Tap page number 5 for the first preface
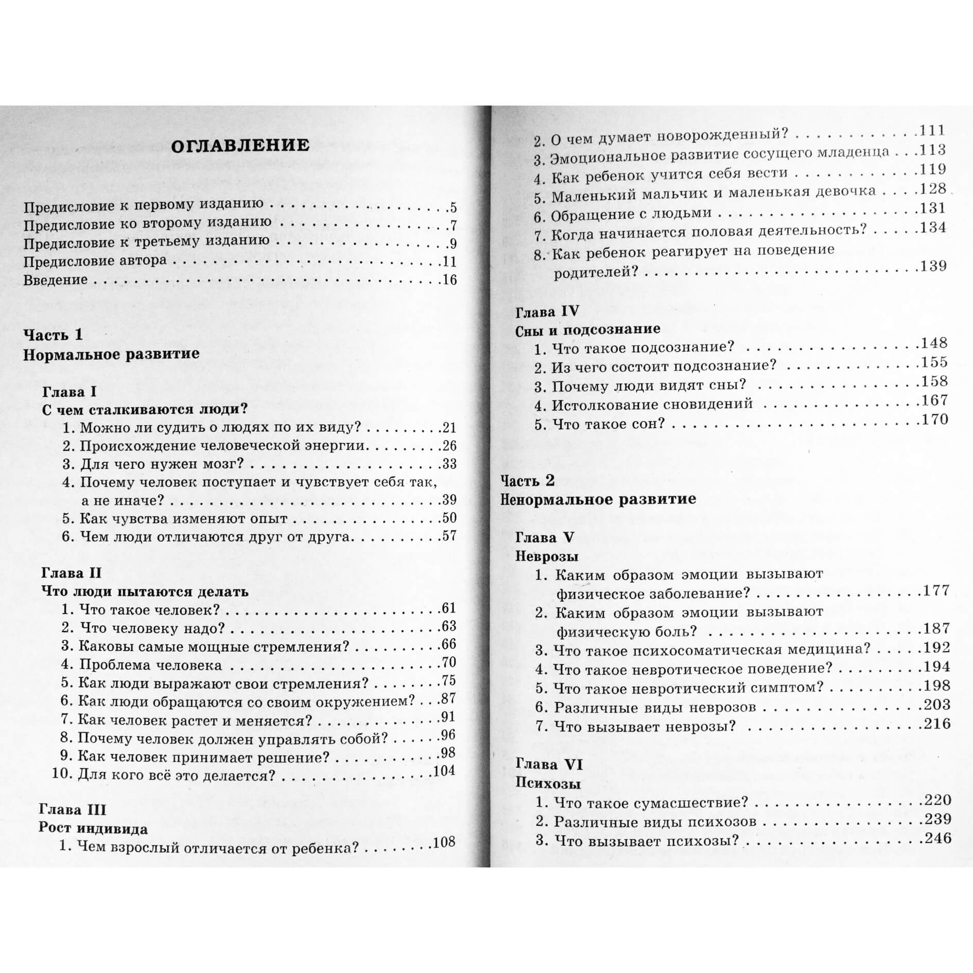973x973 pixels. pyautogui.click(x=453, y=208)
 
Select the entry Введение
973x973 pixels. pyautogui.click(x=56, y=280)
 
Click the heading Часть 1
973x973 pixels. pyautogui.click(x=53, y=335)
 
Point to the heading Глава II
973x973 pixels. pyautogui.click(x=71, y=574)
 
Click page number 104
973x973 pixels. pyautogui.click(x=444, y=771)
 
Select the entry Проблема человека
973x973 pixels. pyautogui.click(x=150, y=665)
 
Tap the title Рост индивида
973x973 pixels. pyautogui.click(x=93, y=829)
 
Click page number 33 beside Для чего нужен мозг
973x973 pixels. pyautogui.click(x=449, y=464)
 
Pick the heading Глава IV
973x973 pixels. pyautogui.click(x=547, y=311)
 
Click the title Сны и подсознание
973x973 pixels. pyautogui.click(x=587, y=330)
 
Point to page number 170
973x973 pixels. pyautogui.click(x=935, y=420)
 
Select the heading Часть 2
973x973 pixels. pyautogui.click(x=528, y=480)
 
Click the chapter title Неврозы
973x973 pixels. pyautogui.click(x=547, y=557)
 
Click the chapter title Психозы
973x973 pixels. pyautogui.click(x=548, y=784)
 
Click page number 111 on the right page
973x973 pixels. pyautogui.click(x=933, y=131)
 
